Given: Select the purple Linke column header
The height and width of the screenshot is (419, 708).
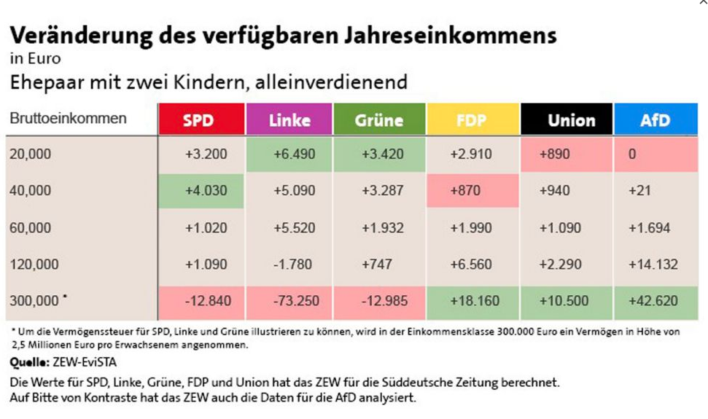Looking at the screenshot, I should pyautogui.click(x=289, y=120).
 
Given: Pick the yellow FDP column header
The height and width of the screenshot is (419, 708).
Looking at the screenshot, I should pyautogui.click(x=471, y=120).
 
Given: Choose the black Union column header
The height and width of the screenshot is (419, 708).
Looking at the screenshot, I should pyautogui.click(x=567, y=120).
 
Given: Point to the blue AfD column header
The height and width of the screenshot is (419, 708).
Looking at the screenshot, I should pyautogui.click(x=655, y=120).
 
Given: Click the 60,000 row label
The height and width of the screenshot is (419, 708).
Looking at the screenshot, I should pyautogui.click(x=31, y=228).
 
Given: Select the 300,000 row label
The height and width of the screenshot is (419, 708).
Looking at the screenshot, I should pyautogui.click(x=33, y=300).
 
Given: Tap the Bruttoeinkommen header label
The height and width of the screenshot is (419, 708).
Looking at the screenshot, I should pyautogui.click(x=69, y=118).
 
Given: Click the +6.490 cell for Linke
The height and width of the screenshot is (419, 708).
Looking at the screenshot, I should pyautogui.click(x=289, y=154).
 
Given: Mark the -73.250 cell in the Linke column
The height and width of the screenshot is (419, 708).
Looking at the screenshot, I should pyautogui.click(x=289, y=300).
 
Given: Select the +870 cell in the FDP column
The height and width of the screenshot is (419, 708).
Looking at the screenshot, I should pyautogui.click(x=471, y=191).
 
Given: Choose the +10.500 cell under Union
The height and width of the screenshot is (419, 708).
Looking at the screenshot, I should pyautogui.click(x=567, y=300).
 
